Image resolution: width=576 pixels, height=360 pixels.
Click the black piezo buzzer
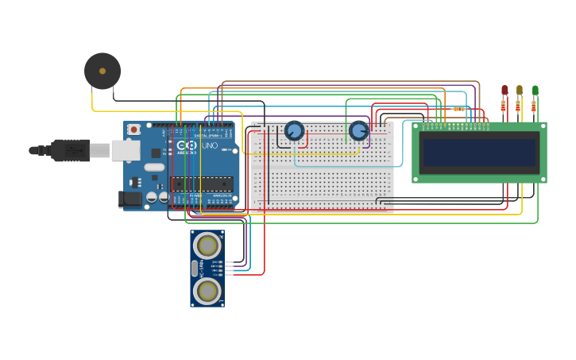[102, 71]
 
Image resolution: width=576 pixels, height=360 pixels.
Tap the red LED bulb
[504, 91]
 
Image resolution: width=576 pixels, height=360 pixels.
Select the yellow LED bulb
[520, 91]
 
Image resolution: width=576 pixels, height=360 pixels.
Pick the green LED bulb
[535, 91]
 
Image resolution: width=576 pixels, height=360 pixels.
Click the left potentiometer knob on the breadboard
[294, 130]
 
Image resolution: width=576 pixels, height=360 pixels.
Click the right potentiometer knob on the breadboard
[359, 130]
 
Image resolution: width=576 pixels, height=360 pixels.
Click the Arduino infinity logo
[186, 146]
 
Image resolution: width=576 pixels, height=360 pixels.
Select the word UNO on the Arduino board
[210, 146]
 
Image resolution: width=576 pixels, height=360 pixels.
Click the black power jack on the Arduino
[132, 199]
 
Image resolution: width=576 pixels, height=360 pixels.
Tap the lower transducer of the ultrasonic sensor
[207, 291]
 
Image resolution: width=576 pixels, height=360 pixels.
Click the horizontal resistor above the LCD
[458, 109]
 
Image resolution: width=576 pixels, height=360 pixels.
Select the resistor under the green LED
[534, 106]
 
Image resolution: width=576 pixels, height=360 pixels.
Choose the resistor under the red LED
[504, 106]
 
